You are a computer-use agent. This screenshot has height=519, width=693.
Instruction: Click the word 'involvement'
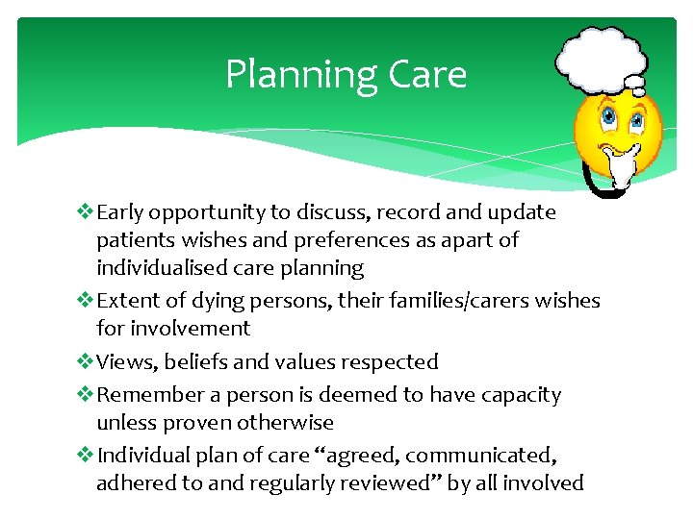pyautogui.click(x=173, y=329)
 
